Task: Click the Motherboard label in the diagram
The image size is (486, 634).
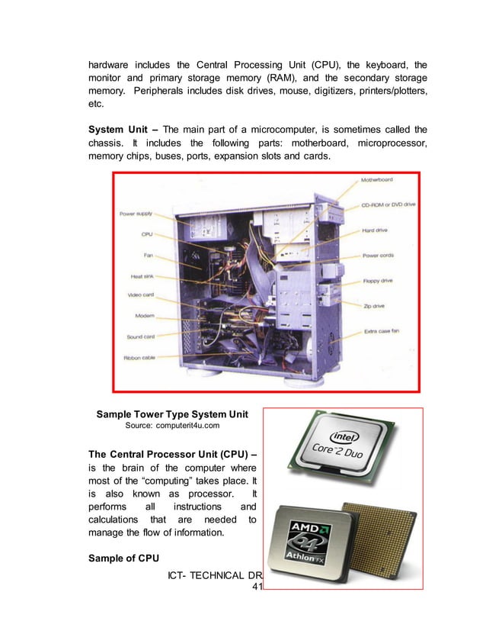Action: (377, 180)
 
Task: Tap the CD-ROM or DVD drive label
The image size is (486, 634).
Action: (388, 204)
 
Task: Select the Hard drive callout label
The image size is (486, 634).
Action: (376, 230)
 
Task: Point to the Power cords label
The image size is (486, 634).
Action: (379, 256)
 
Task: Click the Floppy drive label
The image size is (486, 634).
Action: (378, 281)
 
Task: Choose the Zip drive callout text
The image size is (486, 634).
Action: (374, 305)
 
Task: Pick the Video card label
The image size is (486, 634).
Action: (140, 295)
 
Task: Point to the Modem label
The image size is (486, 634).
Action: (145, 315)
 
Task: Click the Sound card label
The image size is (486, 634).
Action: (140, 336)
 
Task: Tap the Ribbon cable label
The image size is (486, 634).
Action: (140, 357)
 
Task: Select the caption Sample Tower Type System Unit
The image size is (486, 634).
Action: (172, 414)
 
